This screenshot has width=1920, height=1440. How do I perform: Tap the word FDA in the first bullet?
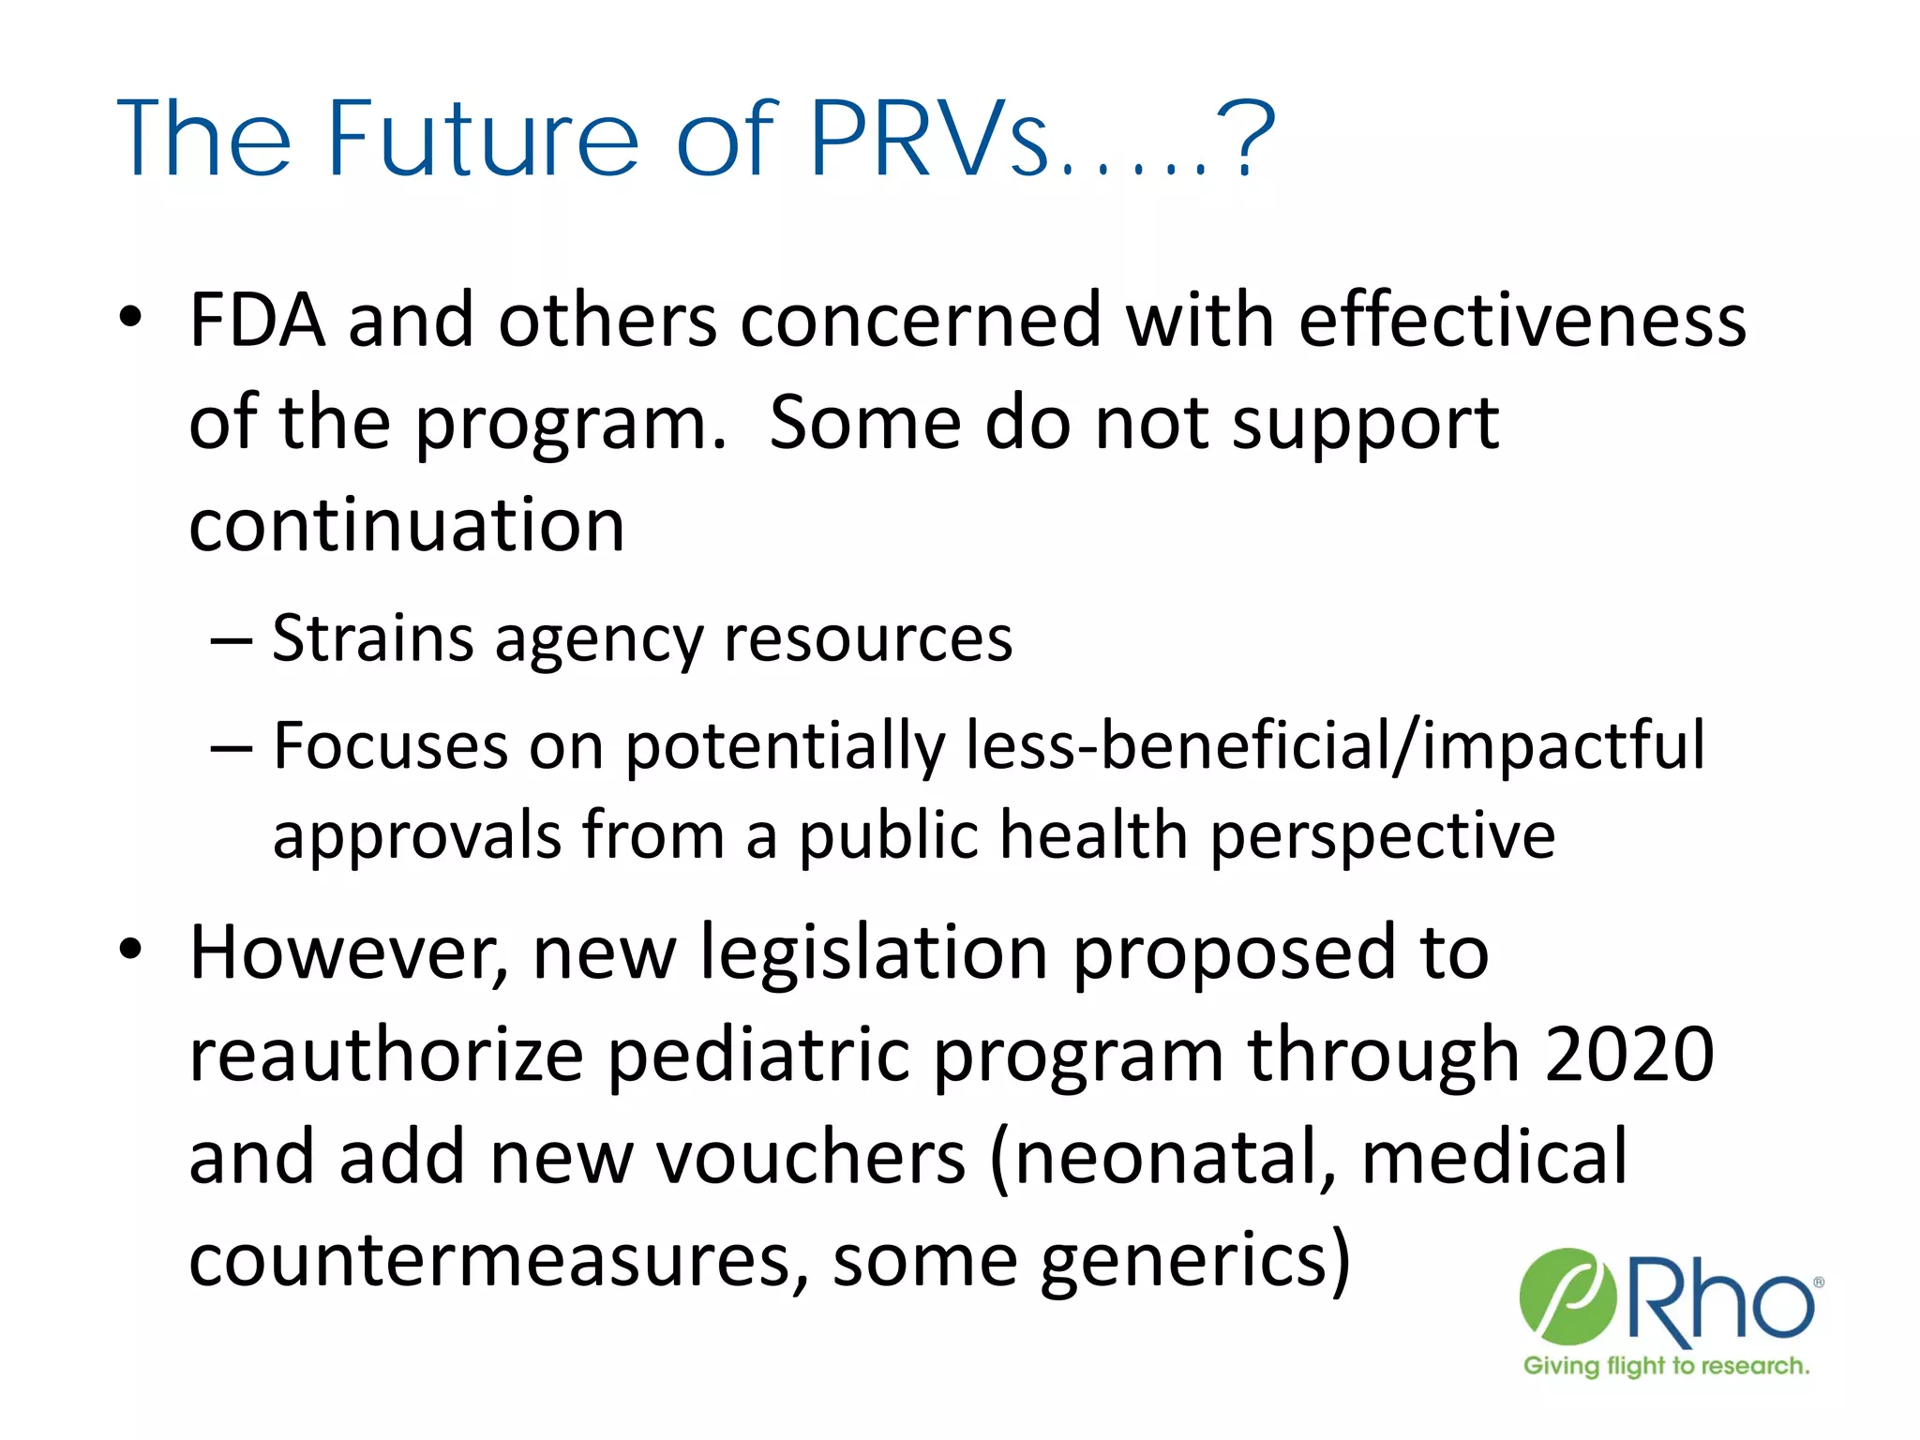click(257, 322)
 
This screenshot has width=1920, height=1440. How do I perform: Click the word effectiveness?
click(1522, 322)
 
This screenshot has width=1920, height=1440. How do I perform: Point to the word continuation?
click(406, 525)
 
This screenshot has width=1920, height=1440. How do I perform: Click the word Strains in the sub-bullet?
click(372, 639)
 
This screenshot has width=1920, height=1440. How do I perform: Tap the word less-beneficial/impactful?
click(1335, 747)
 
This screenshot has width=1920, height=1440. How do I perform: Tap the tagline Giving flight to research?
click(1666, 1366)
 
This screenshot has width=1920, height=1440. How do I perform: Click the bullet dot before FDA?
click(130, 317)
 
